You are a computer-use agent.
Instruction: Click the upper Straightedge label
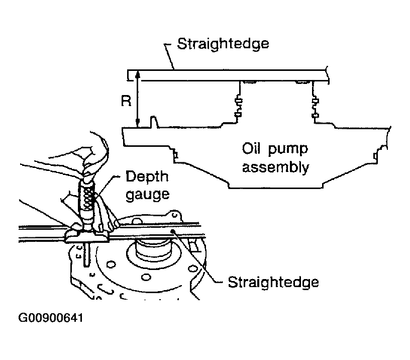point(223,44)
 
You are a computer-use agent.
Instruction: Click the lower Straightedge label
point(273,283)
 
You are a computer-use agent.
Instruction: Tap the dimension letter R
point(126,101)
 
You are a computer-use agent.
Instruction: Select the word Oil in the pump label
point(251,149)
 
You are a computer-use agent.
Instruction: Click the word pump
point(288,150)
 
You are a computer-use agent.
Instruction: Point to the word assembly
point(276,167)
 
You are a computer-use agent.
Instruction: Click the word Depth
point(147,177)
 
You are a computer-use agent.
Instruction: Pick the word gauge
point(148,195)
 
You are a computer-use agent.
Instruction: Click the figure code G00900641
point(51,318)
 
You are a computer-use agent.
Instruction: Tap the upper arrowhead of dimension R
point(138,74)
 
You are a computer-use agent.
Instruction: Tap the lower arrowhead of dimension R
point(138,124)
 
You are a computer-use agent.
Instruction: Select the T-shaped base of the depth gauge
point(86,236)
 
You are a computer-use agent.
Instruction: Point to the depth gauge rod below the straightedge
point(86,255)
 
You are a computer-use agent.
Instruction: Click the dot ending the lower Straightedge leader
point(172,231)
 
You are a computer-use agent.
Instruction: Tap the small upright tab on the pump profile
point(154,122)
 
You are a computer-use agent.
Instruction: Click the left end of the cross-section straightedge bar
point(128,75)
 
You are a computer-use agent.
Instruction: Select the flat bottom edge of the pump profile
point(276,188)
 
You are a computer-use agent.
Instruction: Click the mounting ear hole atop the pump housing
point(174,215)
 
